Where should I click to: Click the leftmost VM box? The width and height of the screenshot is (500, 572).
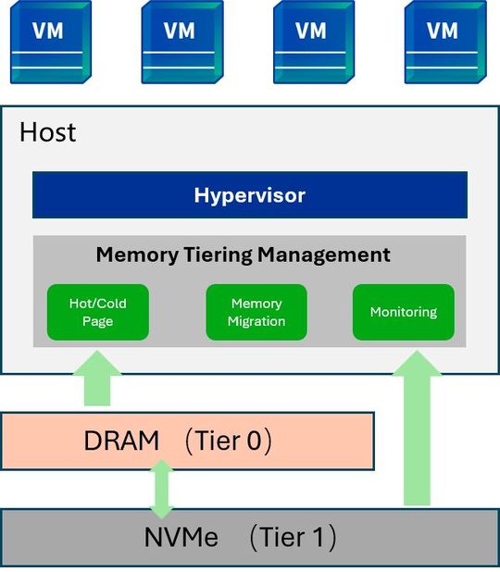51,42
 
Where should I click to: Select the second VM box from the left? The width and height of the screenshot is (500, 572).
182,42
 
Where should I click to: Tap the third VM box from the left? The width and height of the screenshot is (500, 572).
314,42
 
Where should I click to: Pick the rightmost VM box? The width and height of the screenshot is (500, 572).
445,42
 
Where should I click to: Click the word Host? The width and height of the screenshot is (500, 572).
48,132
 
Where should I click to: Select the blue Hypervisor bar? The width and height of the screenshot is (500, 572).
250,194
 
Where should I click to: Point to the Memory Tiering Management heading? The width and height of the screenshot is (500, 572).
244,255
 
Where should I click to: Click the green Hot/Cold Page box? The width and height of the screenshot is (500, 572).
98,312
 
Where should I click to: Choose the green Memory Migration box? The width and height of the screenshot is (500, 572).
256,312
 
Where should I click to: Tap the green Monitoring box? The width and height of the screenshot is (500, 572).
404,312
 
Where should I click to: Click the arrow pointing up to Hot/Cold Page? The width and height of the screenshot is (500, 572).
97,379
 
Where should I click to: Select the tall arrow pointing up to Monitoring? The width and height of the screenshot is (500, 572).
417,429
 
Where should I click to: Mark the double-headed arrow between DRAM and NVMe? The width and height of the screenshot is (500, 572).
162,489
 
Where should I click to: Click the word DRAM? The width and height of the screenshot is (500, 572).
121,441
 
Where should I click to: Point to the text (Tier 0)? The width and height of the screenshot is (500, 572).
229,441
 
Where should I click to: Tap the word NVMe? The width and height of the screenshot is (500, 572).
181,537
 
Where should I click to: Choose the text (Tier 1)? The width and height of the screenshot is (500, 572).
293,537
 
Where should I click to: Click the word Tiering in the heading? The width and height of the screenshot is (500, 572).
218,255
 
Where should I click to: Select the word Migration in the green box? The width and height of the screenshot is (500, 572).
256,321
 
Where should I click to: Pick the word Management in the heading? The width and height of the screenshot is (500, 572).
324,255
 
